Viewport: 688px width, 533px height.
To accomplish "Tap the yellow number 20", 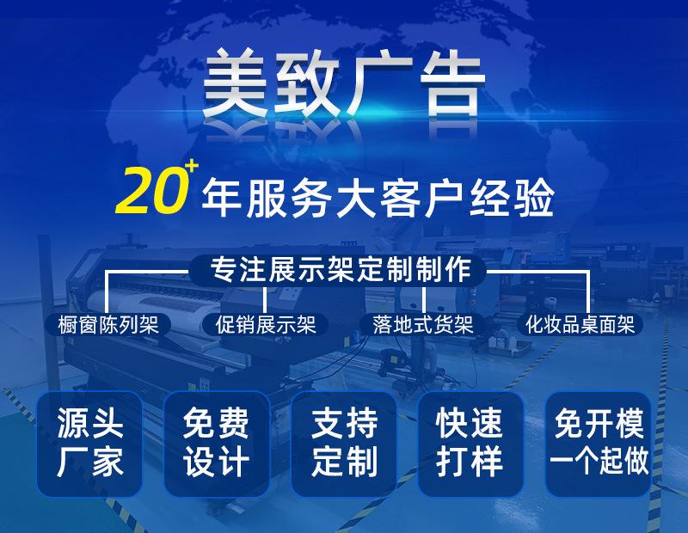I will (x=151, y=191).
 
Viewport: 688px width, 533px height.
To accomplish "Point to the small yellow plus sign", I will (x=191, y=164).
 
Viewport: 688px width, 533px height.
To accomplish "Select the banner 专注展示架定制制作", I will (x=342, y=270).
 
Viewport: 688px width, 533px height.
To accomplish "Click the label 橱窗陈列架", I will (x=108, y=324).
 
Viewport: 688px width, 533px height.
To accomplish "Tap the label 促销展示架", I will (x=266, y=324).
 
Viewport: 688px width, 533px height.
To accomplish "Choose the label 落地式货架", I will (x=423, y=324).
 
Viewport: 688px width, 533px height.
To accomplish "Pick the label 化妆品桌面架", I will (x=580, y=324).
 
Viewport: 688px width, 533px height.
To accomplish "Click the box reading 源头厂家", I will (x=90, y=444).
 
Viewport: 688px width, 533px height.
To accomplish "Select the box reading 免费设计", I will (x=217, y=444).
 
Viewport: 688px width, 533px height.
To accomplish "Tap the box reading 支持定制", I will (x=344, y=444).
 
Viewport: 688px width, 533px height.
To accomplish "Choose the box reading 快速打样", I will (x=470, y=444).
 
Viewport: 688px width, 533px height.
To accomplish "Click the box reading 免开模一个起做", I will (x=599, y=444).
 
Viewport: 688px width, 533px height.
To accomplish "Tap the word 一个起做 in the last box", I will (x=599, y=463).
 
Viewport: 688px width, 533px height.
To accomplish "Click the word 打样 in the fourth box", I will (x=470, y=463).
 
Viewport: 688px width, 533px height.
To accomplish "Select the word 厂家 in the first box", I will (x=90, y=463).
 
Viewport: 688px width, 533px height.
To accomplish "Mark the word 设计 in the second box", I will (x=217, y=463).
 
